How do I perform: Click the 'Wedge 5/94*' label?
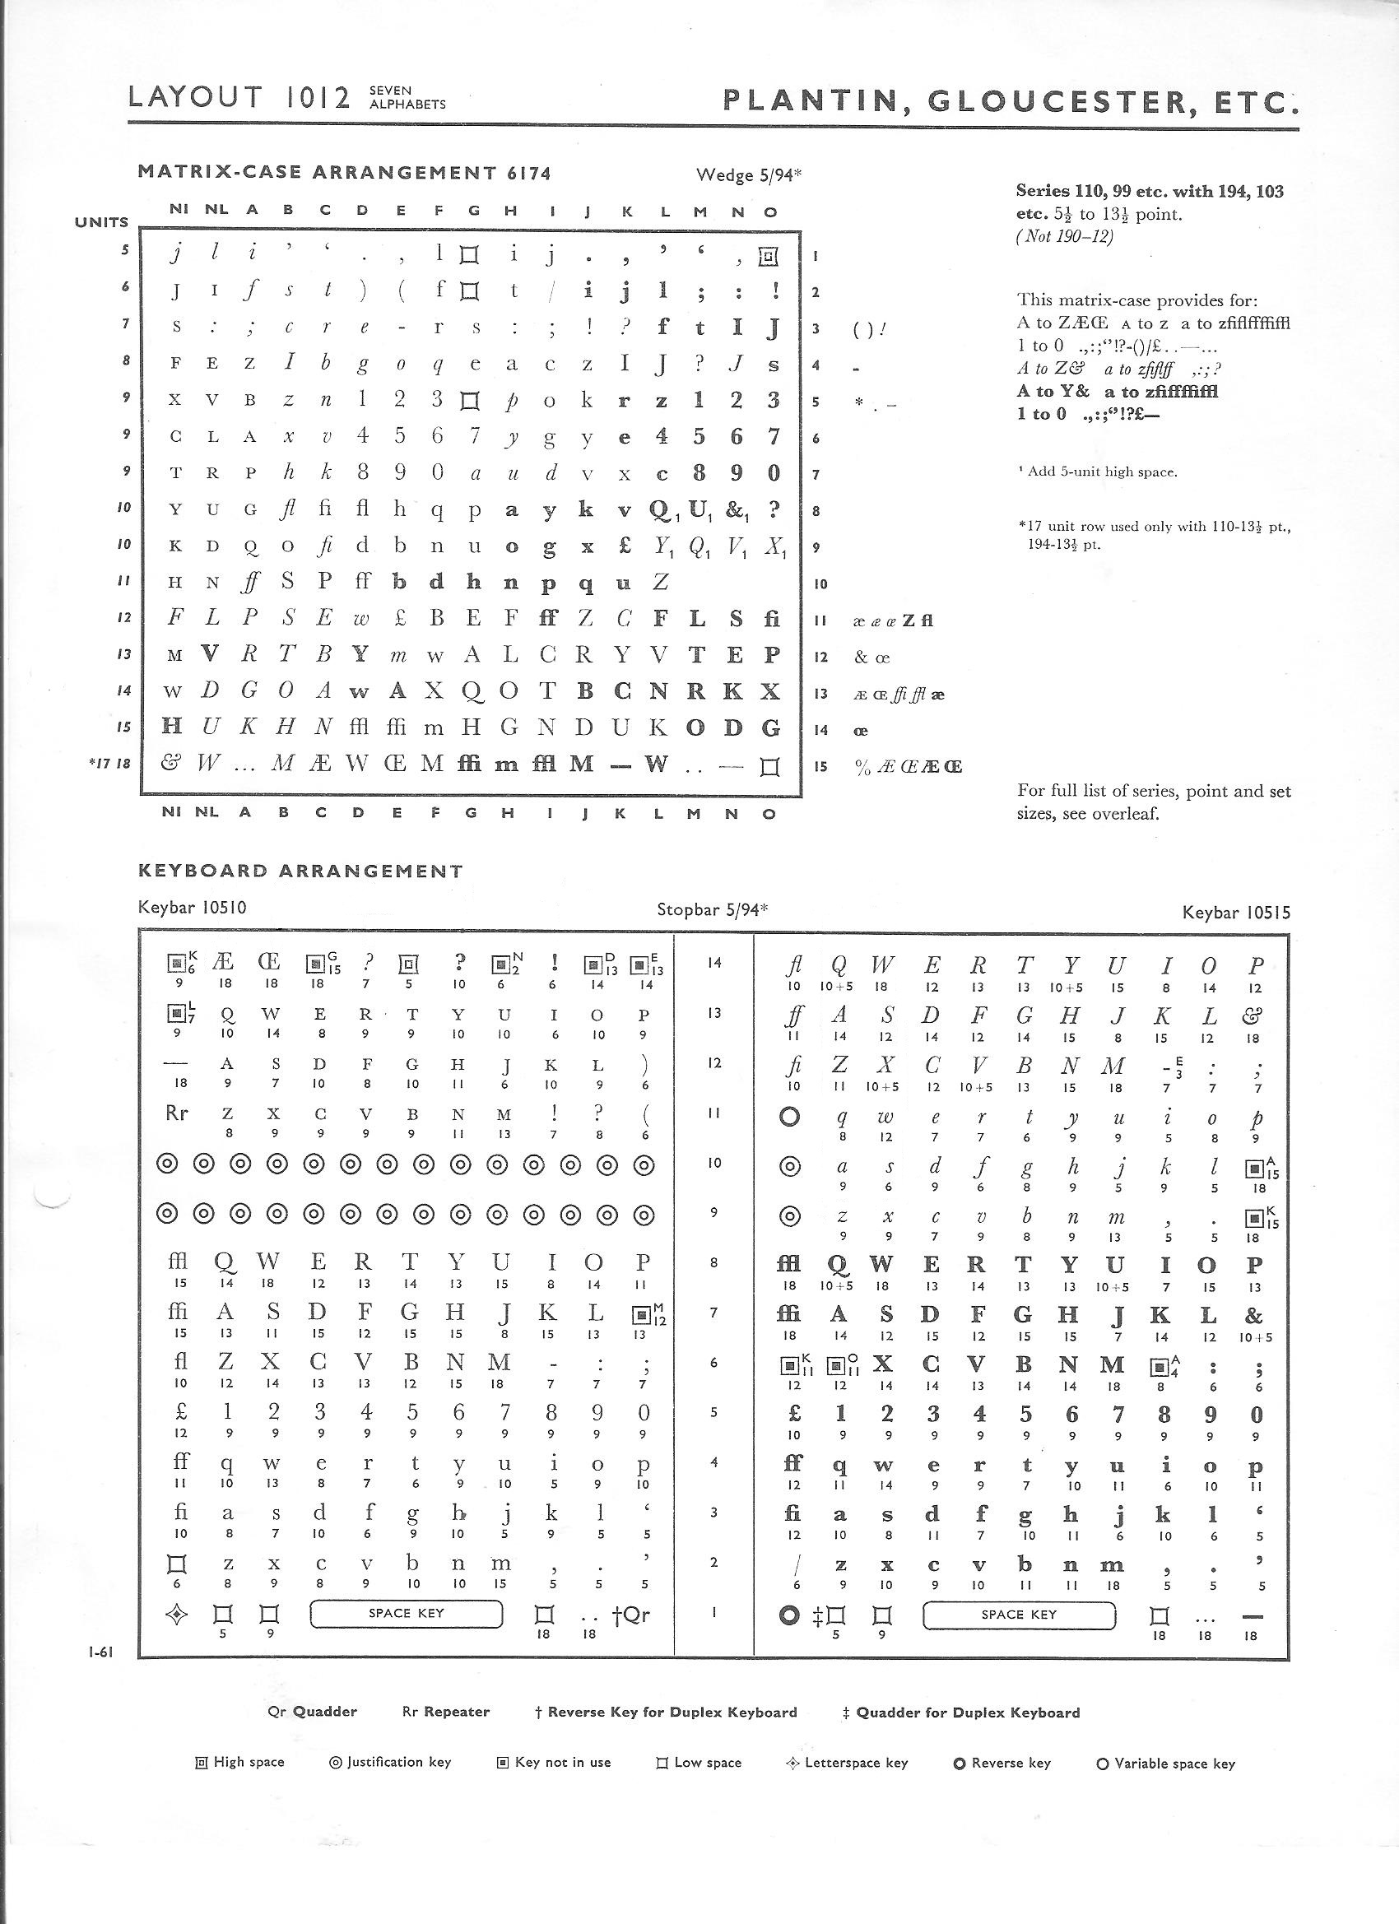[x=748, y=174]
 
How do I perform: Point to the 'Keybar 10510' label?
[x=192, y=907]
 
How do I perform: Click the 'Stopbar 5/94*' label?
[x=712, y=909]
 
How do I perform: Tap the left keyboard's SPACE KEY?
[x=407, y=1613]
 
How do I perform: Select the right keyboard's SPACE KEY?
[x=1018, y=1615]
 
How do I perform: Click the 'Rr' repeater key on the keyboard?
[x=175, y=1112]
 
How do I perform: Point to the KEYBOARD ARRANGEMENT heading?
[x=300, y=871]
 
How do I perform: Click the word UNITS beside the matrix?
[x=102, y=222]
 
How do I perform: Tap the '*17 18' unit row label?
[x=109, y=764]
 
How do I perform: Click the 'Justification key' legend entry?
[x=389, y=1762]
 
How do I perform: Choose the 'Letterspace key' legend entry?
[x=847, y=1762]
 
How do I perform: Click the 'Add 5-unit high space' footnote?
[x=1098, y=472]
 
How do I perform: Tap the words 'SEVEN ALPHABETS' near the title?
[x=407, y=98]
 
